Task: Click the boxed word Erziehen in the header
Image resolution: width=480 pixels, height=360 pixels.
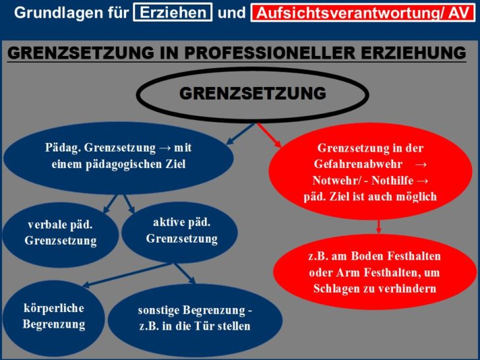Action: pos(173,13)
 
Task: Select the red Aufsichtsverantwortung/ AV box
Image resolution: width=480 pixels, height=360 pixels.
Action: pos(363,13)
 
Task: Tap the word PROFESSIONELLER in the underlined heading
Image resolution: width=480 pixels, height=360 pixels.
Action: pos(271,53)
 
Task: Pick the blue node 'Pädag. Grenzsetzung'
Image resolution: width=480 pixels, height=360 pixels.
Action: pos(118,158)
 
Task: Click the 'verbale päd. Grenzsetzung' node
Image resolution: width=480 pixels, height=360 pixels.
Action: pos(60,233)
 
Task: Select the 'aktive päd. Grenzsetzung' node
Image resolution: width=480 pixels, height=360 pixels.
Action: pos(180,231)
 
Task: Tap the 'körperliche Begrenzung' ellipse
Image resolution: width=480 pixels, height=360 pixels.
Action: pos(53,317)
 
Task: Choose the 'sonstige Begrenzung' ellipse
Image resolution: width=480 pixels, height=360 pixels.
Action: pos(195,319)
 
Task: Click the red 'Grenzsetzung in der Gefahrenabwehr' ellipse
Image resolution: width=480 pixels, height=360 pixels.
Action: pos(370,171)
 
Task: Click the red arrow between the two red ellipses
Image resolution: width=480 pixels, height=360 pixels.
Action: pos(378,227)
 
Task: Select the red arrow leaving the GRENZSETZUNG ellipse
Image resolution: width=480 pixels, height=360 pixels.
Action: pos(270,135)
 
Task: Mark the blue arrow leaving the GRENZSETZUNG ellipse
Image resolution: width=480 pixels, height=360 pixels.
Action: pos(241,133)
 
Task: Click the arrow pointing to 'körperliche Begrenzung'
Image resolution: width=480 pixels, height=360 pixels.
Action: pos(125,276)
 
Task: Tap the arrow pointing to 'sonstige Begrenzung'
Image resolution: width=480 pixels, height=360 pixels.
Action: pos(185,274)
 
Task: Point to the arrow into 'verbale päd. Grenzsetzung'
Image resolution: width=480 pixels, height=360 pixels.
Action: pos(110,204)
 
